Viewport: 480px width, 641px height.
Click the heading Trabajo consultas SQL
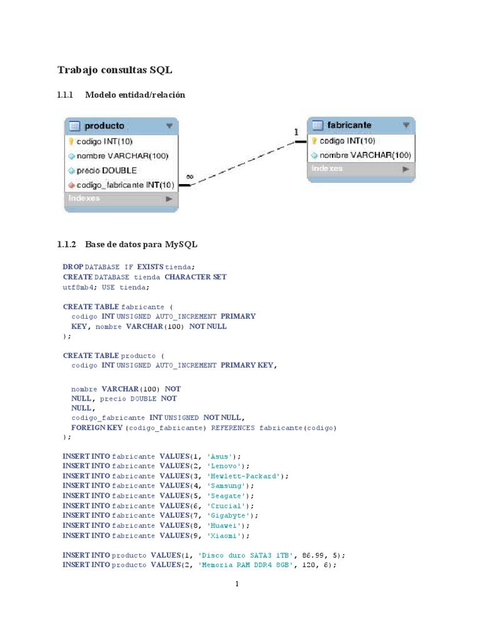point(114,69)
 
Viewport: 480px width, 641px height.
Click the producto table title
point(104,126)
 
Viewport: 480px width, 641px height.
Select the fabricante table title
point(349,125)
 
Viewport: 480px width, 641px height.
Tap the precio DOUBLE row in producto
point(106,170)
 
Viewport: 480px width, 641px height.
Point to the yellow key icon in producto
point(71,141)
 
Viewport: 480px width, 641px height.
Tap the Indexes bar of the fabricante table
point(360,169)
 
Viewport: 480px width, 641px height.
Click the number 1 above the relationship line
point(296,132)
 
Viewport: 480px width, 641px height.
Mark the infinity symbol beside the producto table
point(189,177)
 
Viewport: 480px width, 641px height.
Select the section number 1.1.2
point(66,244)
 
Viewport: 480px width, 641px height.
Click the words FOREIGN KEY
point(97,428)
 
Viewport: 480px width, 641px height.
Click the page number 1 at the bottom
point(237,585)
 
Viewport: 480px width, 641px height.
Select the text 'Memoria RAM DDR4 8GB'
point(246,565)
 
